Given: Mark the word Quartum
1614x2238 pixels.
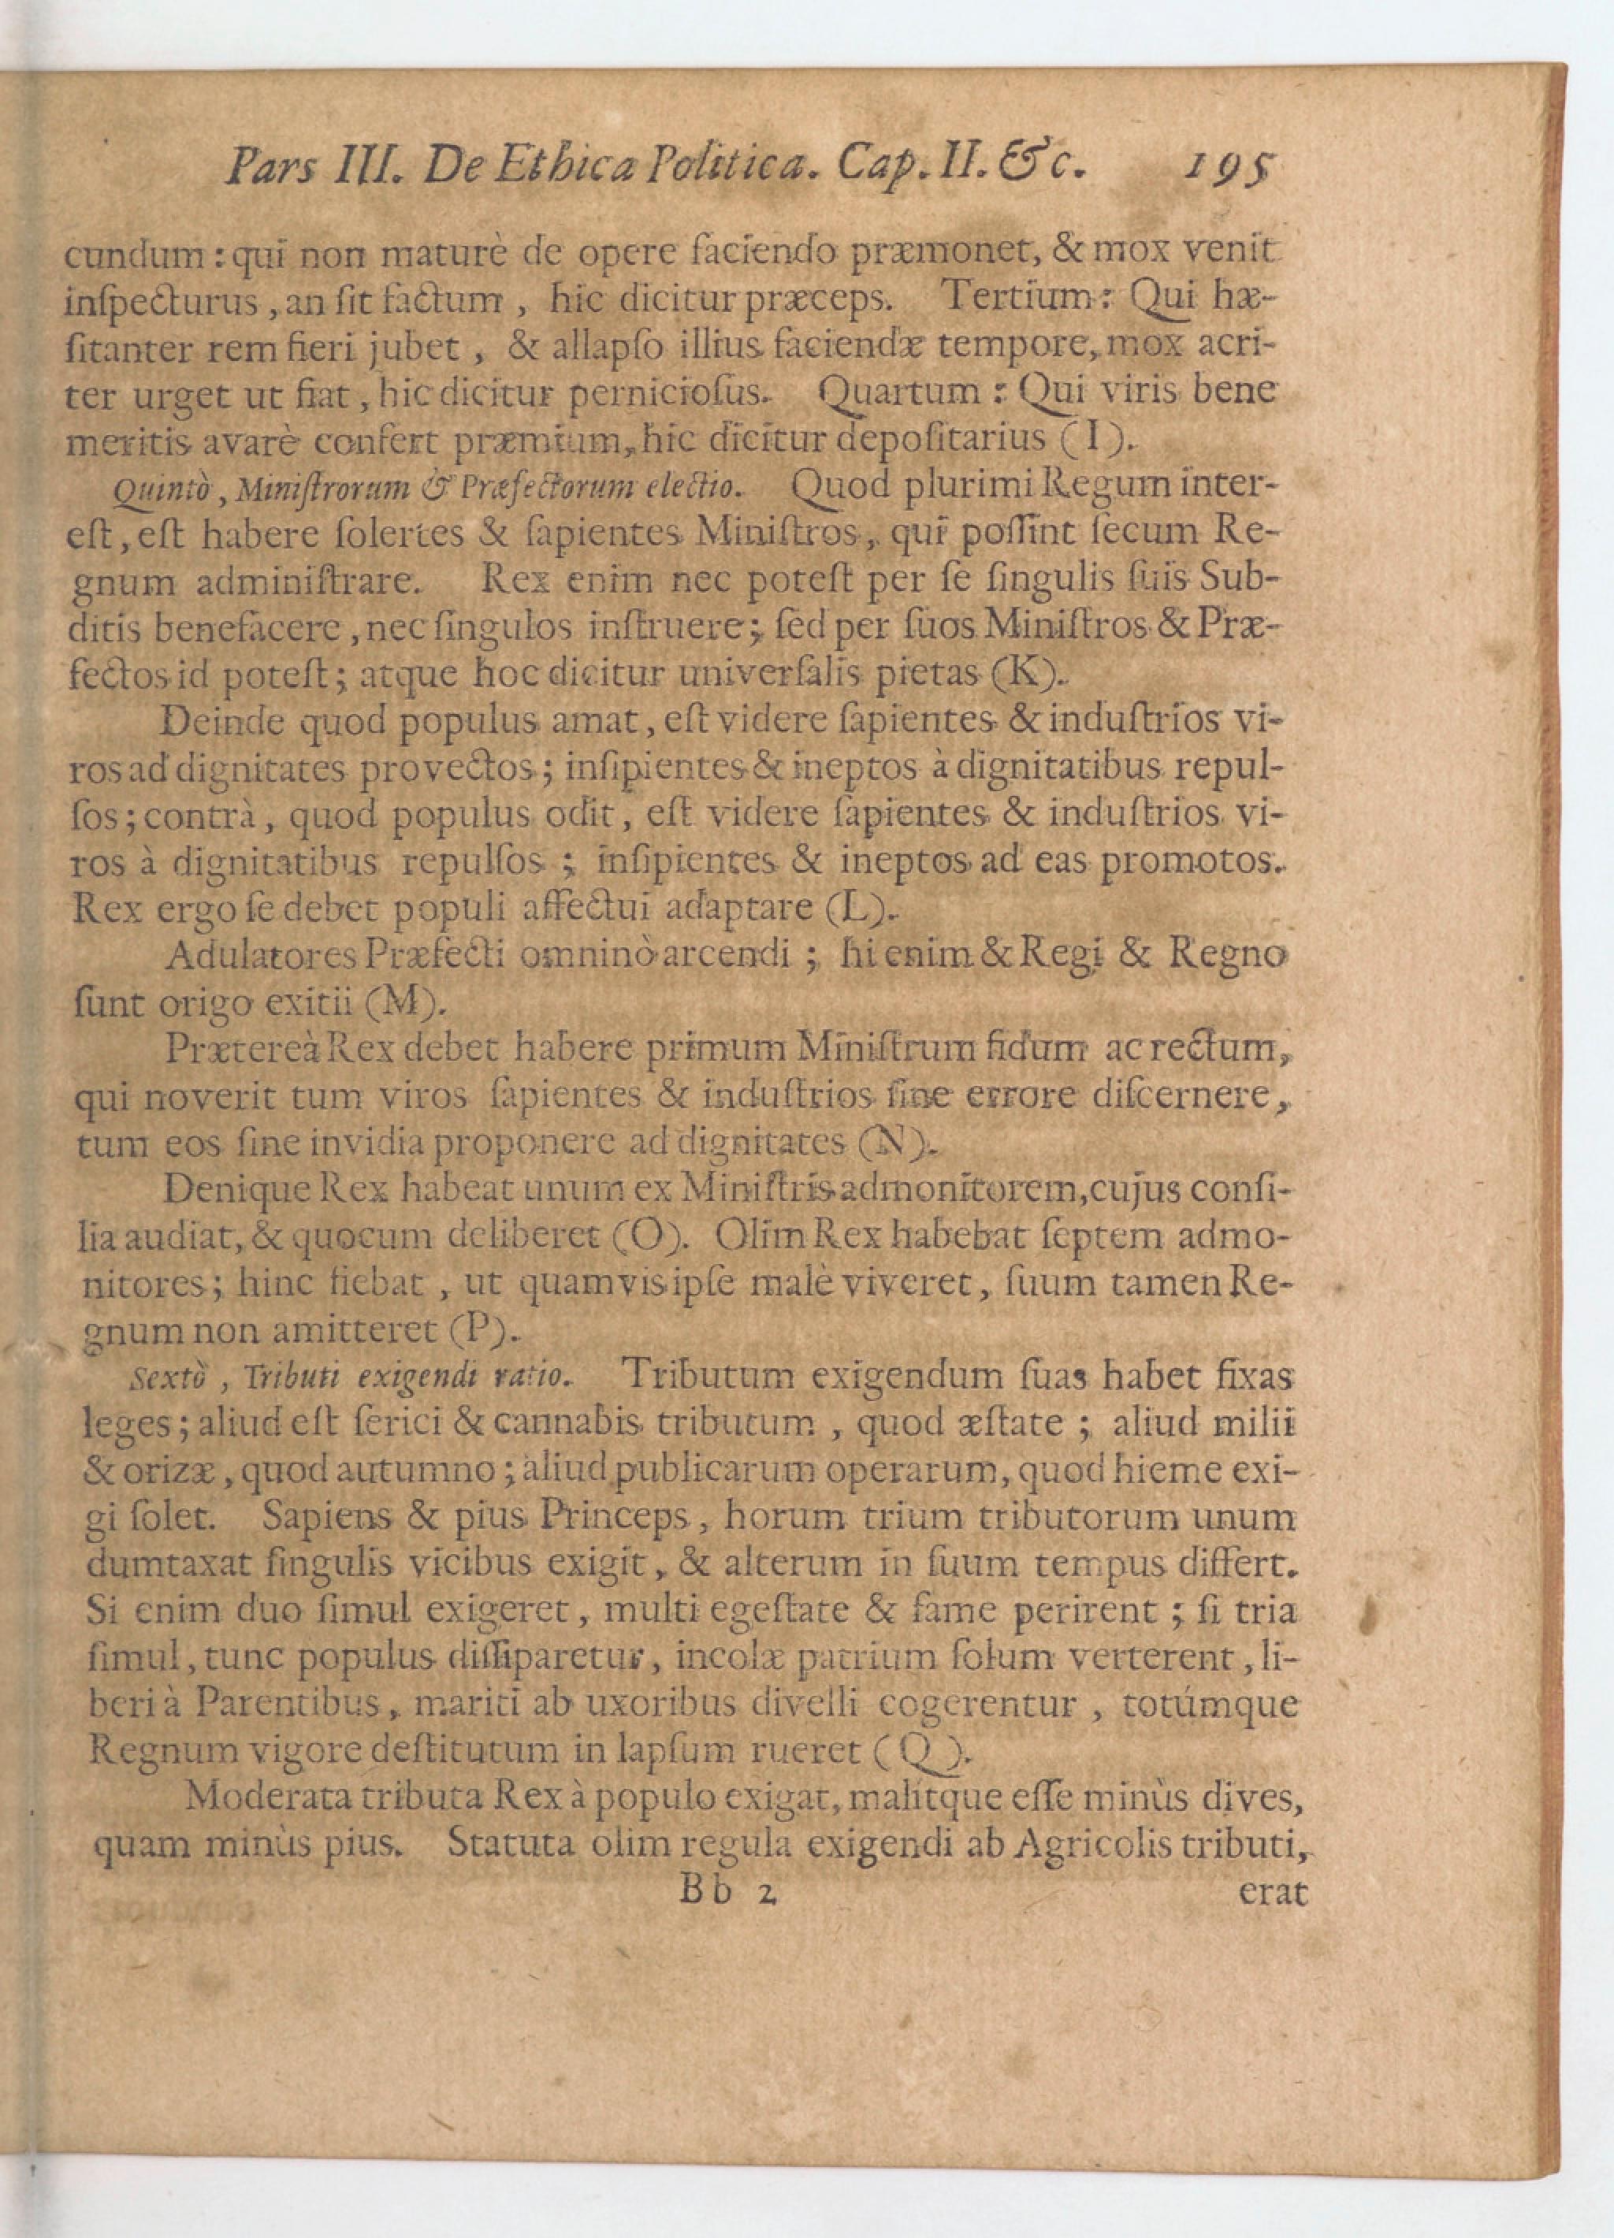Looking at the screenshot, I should tap(900, 394).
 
